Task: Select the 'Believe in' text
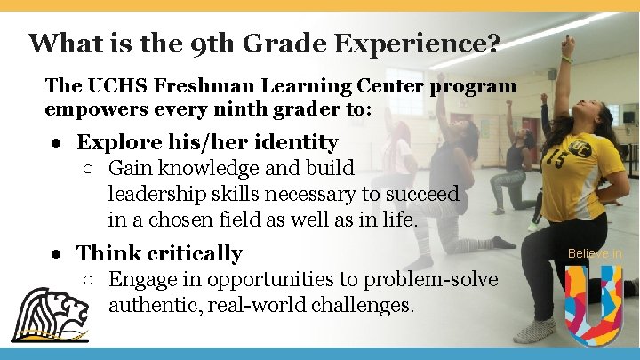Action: pos(595,254)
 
